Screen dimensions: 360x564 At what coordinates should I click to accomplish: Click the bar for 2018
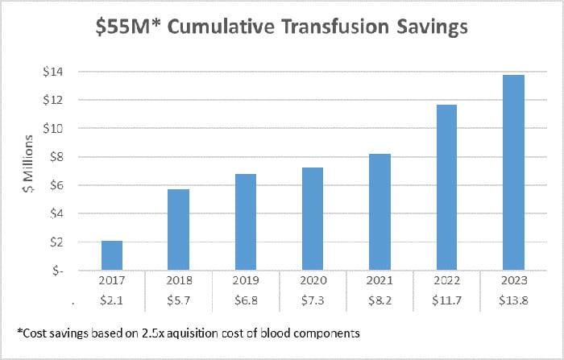click(179, 230)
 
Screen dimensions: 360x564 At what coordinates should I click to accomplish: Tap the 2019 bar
click(246, 222)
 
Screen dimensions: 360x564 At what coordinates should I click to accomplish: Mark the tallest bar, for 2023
click(513, 172)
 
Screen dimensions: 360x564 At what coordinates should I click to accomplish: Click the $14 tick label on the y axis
click(56, 72)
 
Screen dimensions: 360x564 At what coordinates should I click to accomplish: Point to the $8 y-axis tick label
click(59, 157)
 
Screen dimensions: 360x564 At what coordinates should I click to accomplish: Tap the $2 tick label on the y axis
click(59, 242)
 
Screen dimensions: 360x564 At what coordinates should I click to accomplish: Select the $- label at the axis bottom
click(59, 271)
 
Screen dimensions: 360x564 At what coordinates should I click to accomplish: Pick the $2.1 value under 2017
click(112, 300)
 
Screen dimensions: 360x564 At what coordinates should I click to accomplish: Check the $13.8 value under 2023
click(513, 300)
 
